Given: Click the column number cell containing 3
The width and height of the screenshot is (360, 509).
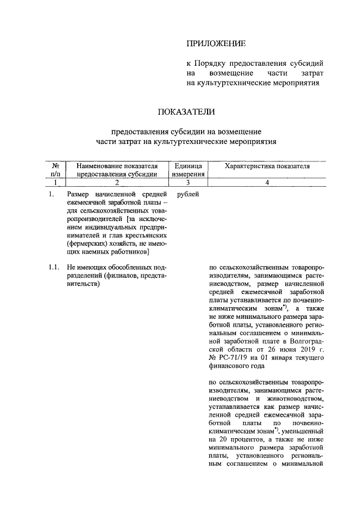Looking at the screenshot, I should tap(188, 182).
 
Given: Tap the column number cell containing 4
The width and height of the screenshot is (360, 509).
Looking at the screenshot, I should tap(267, 182).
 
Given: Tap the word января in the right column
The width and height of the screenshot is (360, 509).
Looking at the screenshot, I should tap(273, 358).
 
